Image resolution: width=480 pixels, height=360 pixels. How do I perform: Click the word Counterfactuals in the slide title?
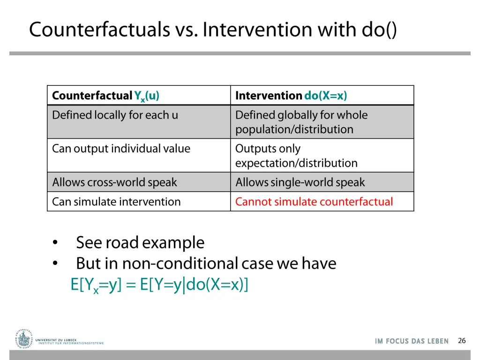(x=99, y=30)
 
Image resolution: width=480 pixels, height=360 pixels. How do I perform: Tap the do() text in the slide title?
(x=379, y=30)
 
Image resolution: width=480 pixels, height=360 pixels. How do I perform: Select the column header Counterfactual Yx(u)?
(x=106, y=96)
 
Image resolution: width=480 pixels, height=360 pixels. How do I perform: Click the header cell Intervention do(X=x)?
(x=291, y=96)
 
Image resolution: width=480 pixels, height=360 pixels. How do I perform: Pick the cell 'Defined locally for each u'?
(x=115, y=115)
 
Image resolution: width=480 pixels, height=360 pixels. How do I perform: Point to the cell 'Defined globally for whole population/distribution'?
(x=301, y=122)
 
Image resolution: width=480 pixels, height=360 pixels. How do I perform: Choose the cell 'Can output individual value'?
(x=121, y=149)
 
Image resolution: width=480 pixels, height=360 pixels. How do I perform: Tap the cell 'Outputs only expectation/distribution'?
(x=296, y=156)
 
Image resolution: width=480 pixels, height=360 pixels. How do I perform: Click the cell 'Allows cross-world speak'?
(x=114, y=182)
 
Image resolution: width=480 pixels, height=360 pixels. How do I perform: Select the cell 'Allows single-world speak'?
(x=300, y=182)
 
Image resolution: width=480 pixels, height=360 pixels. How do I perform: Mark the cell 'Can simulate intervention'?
(x=116, y=202)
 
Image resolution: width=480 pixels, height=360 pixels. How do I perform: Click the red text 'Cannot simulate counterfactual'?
(x=314, y=202)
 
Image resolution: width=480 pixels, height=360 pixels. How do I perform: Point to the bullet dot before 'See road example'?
(x=55, y=243)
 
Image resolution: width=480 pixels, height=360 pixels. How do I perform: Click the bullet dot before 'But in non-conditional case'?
(x=55, y=264)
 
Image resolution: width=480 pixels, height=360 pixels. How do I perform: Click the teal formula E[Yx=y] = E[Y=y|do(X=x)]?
(x=159, y=285)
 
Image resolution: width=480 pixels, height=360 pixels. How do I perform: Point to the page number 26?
(x=462, y=341)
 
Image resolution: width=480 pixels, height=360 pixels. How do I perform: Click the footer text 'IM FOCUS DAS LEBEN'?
(x=412, y=341)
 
